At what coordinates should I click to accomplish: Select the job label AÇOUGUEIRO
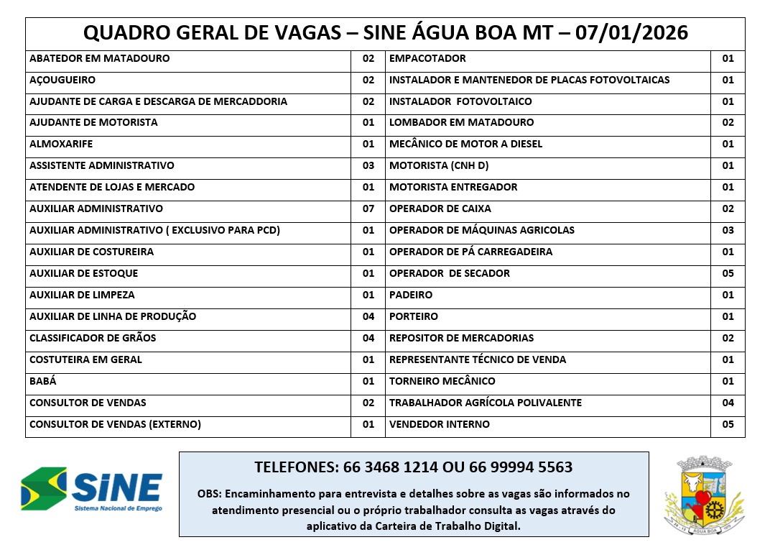click(62, 80)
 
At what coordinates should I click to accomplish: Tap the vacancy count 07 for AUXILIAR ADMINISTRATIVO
click(368, 208)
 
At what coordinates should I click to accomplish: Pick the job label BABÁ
click(43, 381)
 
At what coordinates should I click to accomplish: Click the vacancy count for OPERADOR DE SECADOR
click(728, 273)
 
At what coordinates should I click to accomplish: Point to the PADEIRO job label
click(411, 295)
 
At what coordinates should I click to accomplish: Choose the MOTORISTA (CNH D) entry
click(439, 165)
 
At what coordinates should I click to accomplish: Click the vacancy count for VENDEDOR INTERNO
click(728, 424)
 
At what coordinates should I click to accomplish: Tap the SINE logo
click(92, 490)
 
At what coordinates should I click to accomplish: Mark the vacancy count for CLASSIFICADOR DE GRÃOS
click(368, 338)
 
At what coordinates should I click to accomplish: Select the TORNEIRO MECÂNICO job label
click(442, 381)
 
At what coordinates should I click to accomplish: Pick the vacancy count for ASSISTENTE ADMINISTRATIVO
click(368, 165)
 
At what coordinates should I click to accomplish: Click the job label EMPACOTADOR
click(427, 58)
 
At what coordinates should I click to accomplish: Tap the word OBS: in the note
click(210, 494)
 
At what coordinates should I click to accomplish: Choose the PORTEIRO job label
click(414, 316)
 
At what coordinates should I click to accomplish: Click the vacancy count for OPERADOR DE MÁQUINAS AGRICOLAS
click(728, 230)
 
